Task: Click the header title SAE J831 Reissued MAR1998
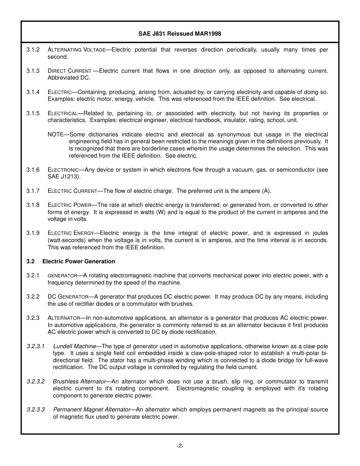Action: pos(180,34)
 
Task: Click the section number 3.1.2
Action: pos(33,50)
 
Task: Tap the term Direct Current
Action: pos(69,71)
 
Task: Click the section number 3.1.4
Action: pos(33,92)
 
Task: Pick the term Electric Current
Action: pos(72,191)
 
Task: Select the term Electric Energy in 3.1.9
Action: pos(70,233)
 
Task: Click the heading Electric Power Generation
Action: pos(78,261)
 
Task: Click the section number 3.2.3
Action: pos(33,318)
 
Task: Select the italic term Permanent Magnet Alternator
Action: pos(91,410)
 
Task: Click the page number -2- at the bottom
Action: pos(180,446)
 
